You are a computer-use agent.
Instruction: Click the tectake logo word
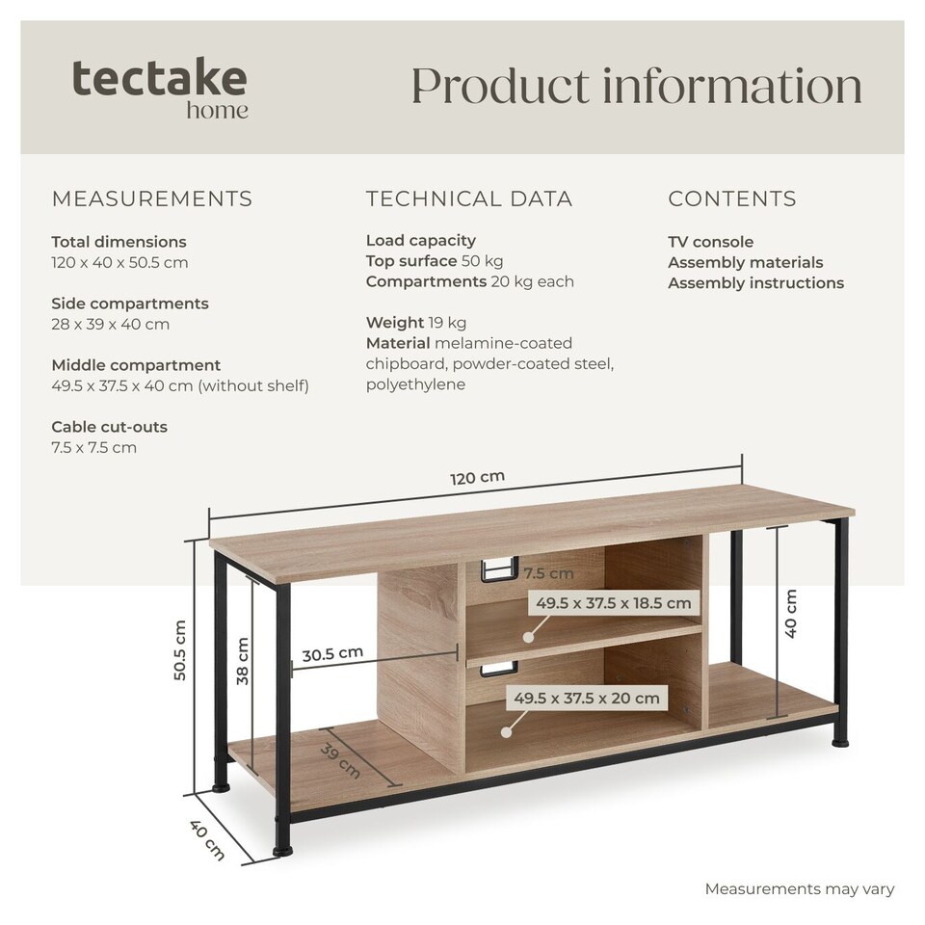(159, 77)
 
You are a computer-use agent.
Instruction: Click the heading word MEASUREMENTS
(152, 198)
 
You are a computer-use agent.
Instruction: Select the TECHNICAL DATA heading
(469, 198)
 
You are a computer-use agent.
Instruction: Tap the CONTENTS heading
(732, 198)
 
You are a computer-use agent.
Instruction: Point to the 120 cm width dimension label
(477, 477)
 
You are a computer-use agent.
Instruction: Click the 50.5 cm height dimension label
(180, 650)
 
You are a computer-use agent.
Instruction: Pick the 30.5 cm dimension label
(332, 653)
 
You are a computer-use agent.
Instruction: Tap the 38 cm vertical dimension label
(243, 661)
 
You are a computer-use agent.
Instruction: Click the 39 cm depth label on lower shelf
(340, 760)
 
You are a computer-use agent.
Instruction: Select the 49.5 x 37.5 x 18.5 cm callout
(614, 603)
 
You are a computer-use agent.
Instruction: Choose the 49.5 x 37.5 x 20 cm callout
(587, 698)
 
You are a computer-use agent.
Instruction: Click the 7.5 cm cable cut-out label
(548, 572)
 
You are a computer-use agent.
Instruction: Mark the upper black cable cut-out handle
(499, 569)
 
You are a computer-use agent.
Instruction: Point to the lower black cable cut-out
(499, 669)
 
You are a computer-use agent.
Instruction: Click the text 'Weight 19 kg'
(416, 323)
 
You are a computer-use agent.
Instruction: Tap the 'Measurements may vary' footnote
(800, 888)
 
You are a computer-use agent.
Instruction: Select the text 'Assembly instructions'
(755, 282)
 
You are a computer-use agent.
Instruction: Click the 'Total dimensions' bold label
(119, 242)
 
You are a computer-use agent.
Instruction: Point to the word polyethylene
(415, 384)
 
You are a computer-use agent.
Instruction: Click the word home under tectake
(217, 110)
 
